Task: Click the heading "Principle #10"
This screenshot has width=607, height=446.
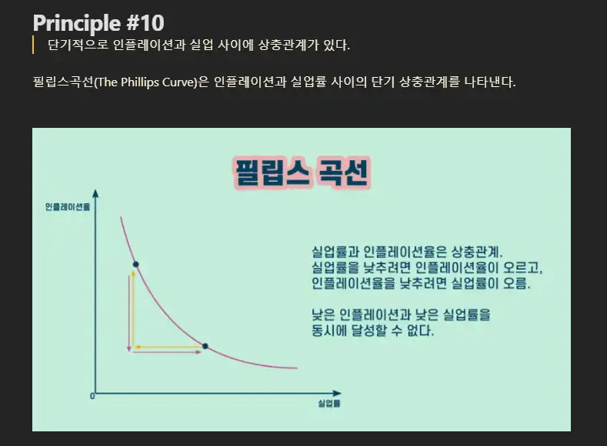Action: (x=98, y=22)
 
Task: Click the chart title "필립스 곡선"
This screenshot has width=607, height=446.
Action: (x=300, y=173)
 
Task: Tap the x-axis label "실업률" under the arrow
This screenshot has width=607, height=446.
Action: (x=329, y=403)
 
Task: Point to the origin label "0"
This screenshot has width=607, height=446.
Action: (x=92, y=396)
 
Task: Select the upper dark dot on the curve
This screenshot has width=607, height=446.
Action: (x=135, y=265)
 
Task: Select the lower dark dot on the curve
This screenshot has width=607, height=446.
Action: (x=205, y=346)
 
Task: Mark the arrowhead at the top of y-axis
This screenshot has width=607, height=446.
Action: (x=95, y=193)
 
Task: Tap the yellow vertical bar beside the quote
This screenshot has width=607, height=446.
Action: (x=34, y=45)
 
